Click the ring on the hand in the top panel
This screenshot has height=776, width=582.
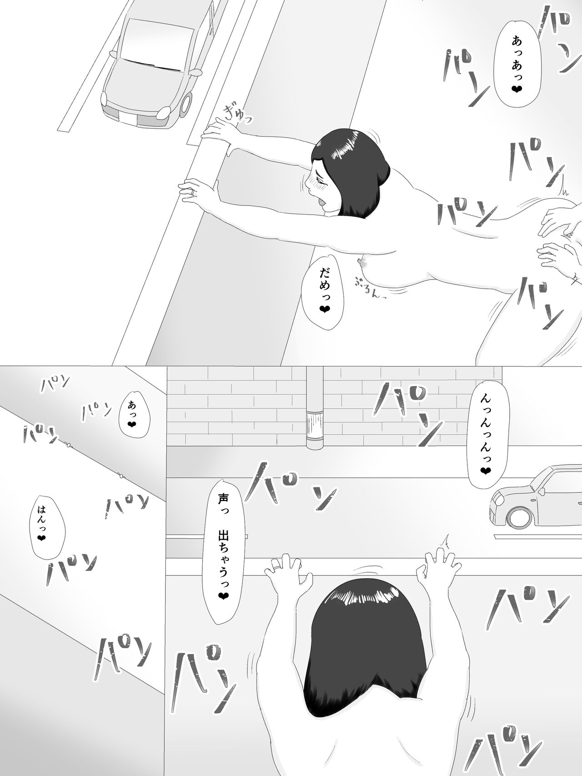(x=195, y=192)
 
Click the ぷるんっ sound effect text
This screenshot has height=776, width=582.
(x=371, y=288)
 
